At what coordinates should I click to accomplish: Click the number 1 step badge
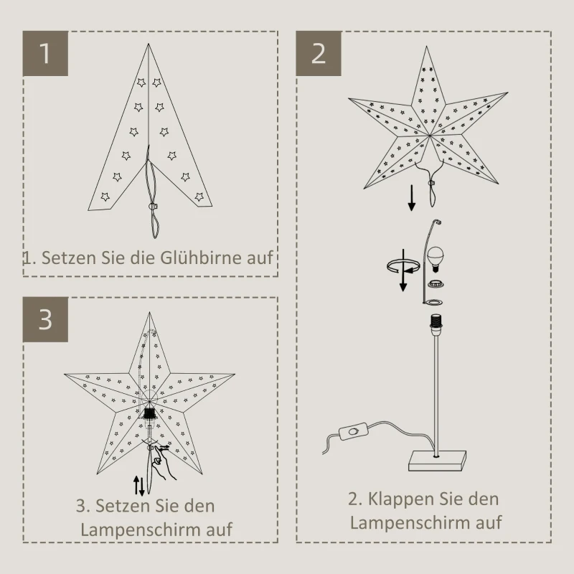tap(46, 53)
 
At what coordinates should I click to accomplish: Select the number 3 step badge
tap(46, 319)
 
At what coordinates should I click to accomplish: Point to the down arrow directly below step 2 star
tap(412, 197)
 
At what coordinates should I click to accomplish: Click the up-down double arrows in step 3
tap(141, 485)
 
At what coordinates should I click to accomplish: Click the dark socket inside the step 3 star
tap(150, 414)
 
